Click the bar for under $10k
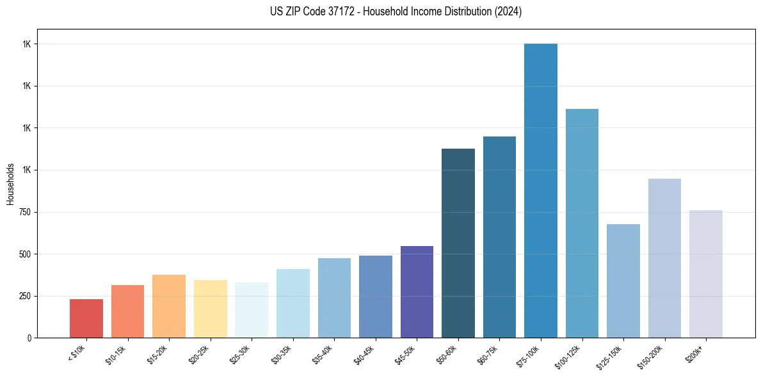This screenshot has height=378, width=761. (86, 318)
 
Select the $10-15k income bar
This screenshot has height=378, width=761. (127, 311)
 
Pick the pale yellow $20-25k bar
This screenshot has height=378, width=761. (210, 309)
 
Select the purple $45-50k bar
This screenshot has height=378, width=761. (417, 292)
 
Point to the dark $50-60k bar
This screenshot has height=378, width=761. (458, 243)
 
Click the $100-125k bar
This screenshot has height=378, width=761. (582, 224)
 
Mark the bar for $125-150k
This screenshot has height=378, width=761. (623, 281)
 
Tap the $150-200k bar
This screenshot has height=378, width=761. (664, 258)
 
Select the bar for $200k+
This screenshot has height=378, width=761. (706, 274)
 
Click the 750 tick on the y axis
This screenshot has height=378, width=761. (26, 212)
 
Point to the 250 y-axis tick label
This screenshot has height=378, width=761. (26, 296)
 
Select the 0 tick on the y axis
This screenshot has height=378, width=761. (29, 338)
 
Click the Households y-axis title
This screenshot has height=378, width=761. (10, 184)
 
